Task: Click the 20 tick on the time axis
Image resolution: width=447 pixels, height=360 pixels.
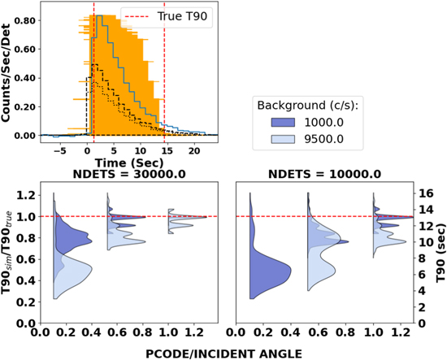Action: click(x=193, y=151)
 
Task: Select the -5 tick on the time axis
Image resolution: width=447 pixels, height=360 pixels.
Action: click(x=59, y=151)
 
